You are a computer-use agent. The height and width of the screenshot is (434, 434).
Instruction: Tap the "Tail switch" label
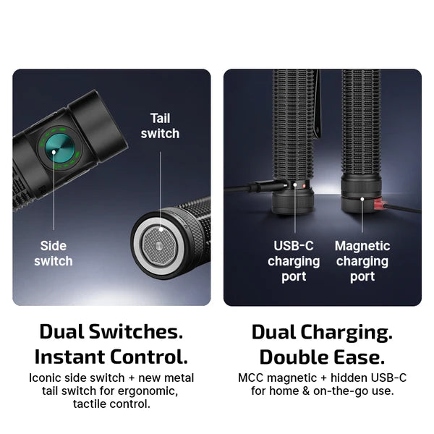pos(160,126)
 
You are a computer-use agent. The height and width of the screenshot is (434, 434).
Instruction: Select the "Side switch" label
pos(54,253)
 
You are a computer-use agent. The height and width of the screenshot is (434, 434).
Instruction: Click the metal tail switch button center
pos(159,245)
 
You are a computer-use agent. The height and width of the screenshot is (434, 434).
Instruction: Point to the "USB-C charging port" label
pos(294,261)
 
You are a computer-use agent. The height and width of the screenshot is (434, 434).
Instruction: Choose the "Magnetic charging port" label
pos(362,261)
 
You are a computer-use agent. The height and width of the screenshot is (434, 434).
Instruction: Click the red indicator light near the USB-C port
pos(305,186)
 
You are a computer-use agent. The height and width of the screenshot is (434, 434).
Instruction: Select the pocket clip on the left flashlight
pos(318,105)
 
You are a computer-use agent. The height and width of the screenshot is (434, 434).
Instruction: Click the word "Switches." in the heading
pos(136,331)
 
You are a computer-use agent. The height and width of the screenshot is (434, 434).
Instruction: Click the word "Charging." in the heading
pos(346,333)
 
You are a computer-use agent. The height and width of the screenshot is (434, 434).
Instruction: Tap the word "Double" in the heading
pos(294,357)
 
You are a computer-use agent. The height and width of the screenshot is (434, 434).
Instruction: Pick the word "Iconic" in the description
pos(45,378)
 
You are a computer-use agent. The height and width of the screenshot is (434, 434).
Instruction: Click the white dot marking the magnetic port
pos(362,199)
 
